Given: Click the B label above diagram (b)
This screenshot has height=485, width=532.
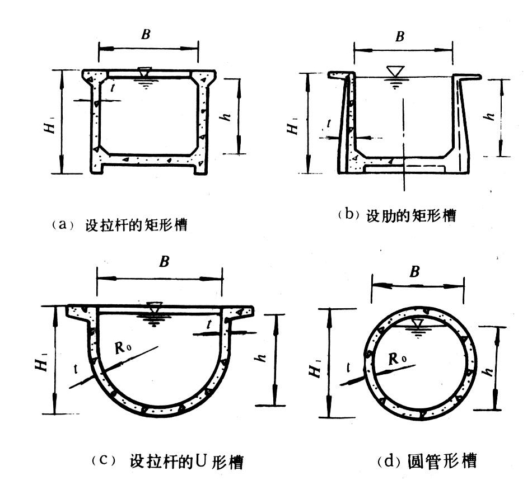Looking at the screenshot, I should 400,37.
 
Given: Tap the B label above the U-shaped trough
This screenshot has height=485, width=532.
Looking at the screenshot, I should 164,261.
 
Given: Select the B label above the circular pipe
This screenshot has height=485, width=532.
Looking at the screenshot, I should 414,272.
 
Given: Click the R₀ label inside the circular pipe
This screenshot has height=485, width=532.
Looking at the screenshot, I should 398,357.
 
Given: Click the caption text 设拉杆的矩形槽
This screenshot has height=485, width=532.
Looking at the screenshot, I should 136,226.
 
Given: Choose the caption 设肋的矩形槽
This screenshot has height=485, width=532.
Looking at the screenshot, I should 410,215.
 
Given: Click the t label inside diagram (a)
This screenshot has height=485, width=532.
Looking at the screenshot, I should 113,87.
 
